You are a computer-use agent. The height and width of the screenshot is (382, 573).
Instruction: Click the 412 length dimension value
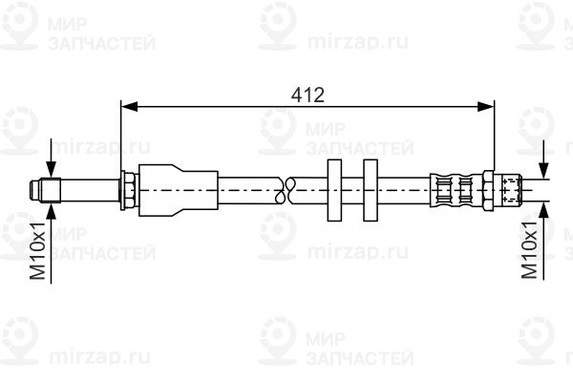pos(308,95)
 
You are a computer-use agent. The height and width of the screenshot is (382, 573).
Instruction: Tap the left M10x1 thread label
pos(37,250)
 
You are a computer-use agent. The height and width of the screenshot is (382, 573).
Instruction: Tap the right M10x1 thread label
pos(529,249)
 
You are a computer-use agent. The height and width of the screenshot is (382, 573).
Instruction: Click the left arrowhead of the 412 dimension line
pos(129,107)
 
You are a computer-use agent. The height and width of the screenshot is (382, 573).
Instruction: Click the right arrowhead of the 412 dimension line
pos(486,107)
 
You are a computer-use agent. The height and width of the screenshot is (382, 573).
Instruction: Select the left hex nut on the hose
pos(128,190)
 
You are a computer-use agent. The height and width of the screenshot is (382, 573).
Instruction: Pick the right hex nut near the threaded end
pos(488,190)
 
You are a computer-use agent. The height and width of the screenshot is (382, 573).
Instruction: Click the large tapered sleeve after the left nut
pos(179,190)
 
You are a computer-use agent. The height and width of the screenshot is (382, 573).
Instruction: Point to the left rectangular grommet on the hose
pos(334,190)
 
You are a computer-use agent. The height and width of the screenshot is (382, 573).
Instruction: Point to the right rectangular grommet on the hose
pos(371,190)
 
